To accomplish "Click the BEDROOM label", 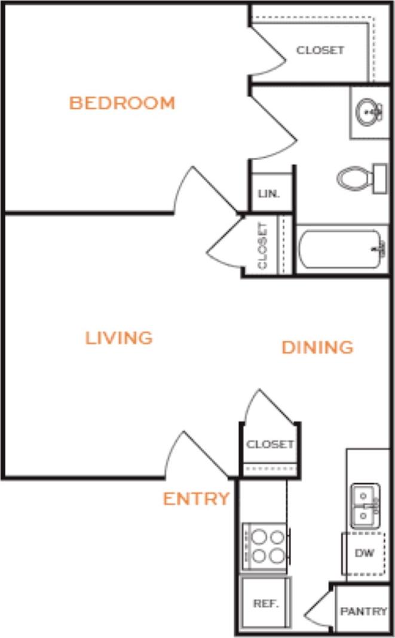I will point(122,103).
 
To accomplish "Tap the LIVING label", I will point(119,338).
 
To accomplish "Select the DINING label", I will point(317,347).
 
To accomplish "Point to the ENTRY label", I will point(196,499).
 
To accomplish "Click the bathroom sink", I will point(368,112).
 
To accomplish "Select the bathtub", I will point(342,249).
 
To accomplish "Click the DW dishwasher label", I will point(364,553).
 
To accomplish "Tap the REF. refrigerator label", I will point(266,603).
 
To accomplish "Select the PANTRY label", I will point(363,611).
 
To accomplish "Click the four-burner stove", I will point(266,546).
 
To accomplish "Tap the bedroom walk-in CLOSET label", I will point(320,50).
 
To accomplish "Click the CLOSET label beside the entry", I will point(270,444).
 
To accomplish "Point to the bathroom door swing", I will point(272,125).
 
